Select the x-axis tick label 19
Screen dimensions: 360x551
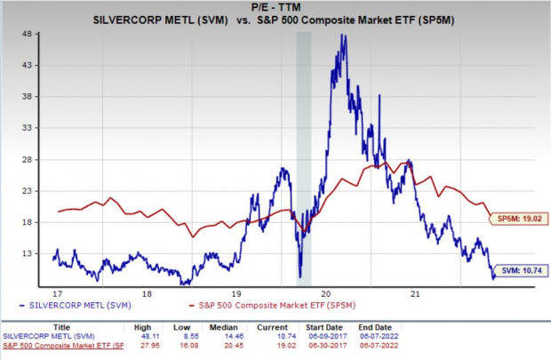pyautogui.click(x=236, y=292)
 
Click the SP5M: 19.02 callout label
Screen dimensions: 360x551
pyautogui.click(x=518, y=216)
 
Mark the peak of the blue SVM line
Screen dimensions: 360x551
pyautogui.click(x=343, y=35)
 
